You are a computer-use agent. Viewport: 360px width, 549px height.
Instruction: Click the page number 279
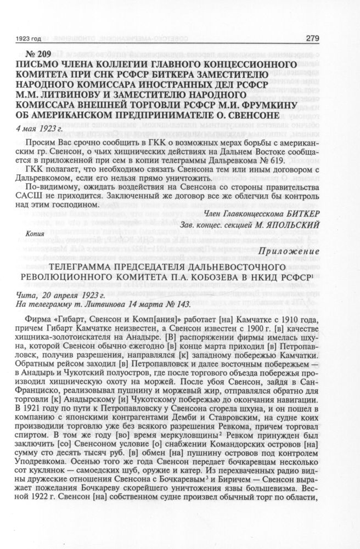(341, 38)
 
